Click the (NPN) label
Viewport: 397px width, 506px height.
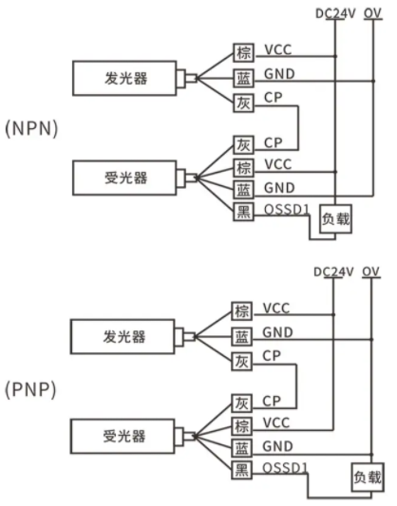tap(31, 129)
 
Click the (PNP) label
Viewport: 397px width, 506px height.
tap(30, 389)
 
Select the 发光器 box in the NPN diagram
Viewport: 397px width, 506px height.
tap(124, 78)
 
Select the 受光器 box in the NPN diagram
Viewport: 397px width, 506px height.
tap(124, 178)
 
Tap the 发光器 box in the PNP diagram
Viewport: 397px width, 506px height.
tap(123, 337)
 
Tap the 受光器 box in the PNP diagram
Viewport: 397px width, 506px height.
tap(123, 437)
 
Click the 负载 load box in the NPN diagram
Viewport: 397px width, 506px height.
tap(335, 218)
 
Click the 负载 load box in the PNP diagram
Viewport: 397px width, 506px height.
tap(368, 478)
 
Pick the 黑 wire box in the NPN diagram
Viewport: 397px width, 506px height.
tap(244, 212)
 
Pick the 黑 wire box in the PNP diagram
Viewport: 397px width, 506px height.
tap(242, 470)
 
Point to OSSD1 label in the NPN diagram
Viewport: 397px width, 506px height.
tap(287, 210)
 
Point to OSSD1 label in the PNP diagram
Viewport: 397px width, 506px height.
tap(285, 468)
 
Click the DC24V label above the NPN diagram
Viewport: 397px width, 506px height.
tap(335, 14)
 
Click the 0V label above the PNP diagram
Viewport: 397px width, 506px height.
tap(370, 272)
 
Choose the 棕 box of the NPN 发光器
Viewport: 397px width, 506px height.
tap(244, 52)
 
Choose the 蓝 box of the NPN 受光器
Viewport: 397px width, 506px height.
tap(244, 190)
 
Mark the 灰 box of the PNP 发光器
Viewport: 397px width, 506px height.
tap(242, 362)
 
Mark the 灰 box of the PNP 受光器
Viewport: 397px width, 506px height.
tap(242, 403)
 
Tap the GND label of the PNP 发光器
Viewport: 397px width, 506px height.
tap(278, 332)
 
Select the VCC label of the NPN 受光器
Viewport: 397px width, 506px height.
tap(278, 164)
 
